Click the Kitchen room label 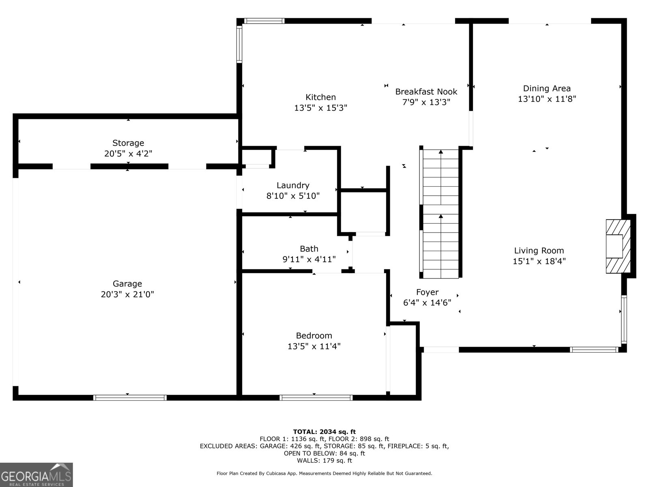point(320,97)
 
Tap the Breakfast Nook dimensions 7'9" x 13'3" point(426,102)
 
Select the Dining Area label point(546,88)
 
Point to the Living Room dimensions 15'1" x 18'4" point(539,261)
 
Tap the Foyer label point(427,292)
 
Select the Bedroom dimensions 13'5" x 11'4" point(314,346)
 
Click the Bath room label point(309,249)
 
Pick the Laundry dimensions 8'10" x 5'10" point(293,196)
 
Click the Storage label point(128,143)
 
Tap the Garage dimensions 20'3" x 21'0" point(127,294)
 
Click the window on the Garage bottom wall point(130,398)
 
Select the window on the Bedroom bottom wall point(316,398)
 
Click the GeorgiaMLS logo point(36,475)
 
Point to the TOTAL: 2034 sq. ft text point(324,432)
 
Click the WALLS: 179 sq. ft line point(324,461)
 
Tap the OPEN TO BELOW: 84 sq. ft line point(324,453)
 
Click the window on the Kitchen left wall point(239,44)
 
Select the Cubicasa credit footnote point(324,473)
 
